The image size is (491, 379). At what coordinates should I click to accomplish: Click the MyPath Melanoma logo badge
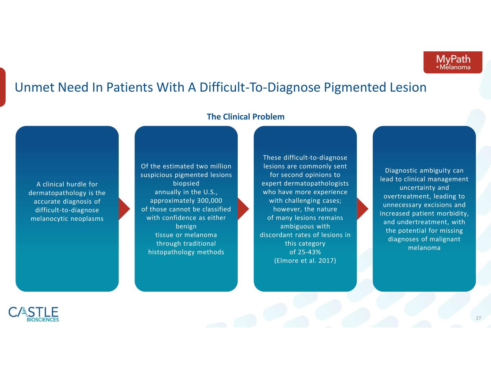click(453, 62)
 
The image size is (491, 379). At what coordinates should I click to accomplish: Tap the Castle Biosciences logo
click(34, 314)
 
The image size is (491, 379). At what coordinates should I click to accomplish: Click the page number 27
click(478, 318)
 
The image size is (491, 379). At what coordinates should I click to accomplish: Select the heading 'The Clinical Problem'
click(246, 117)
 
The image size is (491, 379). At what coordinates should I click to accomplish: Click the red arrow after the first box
click(124, 209)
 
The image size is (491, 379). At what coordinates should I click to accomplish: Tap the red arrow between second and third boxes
click(243, 209)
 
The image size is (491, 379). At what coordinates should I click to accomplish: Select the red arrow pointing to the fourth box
click(363, 209)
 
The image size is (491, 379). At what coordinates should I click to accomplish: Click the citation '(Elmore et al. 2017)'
click(305, 260)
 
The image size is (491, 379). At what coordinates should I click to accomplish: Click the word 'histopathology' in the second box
click(172, 252)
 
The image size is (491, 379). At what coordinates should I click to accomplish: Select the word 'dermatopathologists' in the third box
click(316, 184)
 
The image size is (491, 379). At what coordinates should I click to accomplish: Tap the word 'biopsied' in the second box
click(186, 184)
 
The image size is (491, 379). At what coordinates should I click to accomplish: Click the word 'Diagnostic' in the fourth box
click(401, 171)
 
